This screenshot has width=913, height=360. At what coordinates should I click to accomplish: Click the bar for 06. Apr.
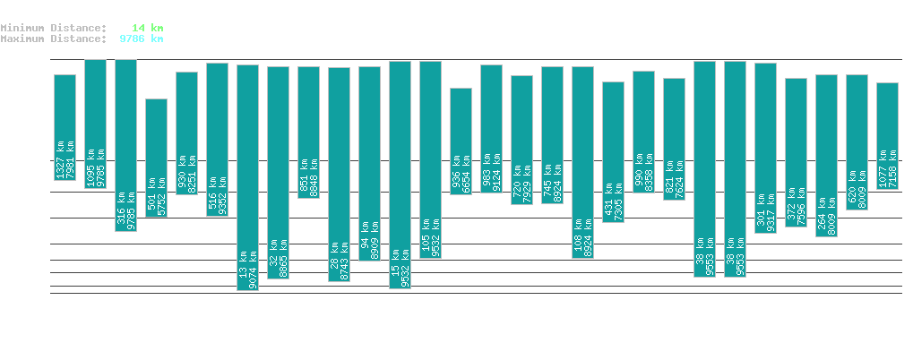(613, 152)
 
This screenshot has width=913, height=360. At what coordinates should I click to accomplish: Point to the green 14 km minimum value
(147, 28)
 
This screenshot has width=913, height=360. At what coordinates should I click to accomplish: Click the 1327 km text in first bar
(60, 159)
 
